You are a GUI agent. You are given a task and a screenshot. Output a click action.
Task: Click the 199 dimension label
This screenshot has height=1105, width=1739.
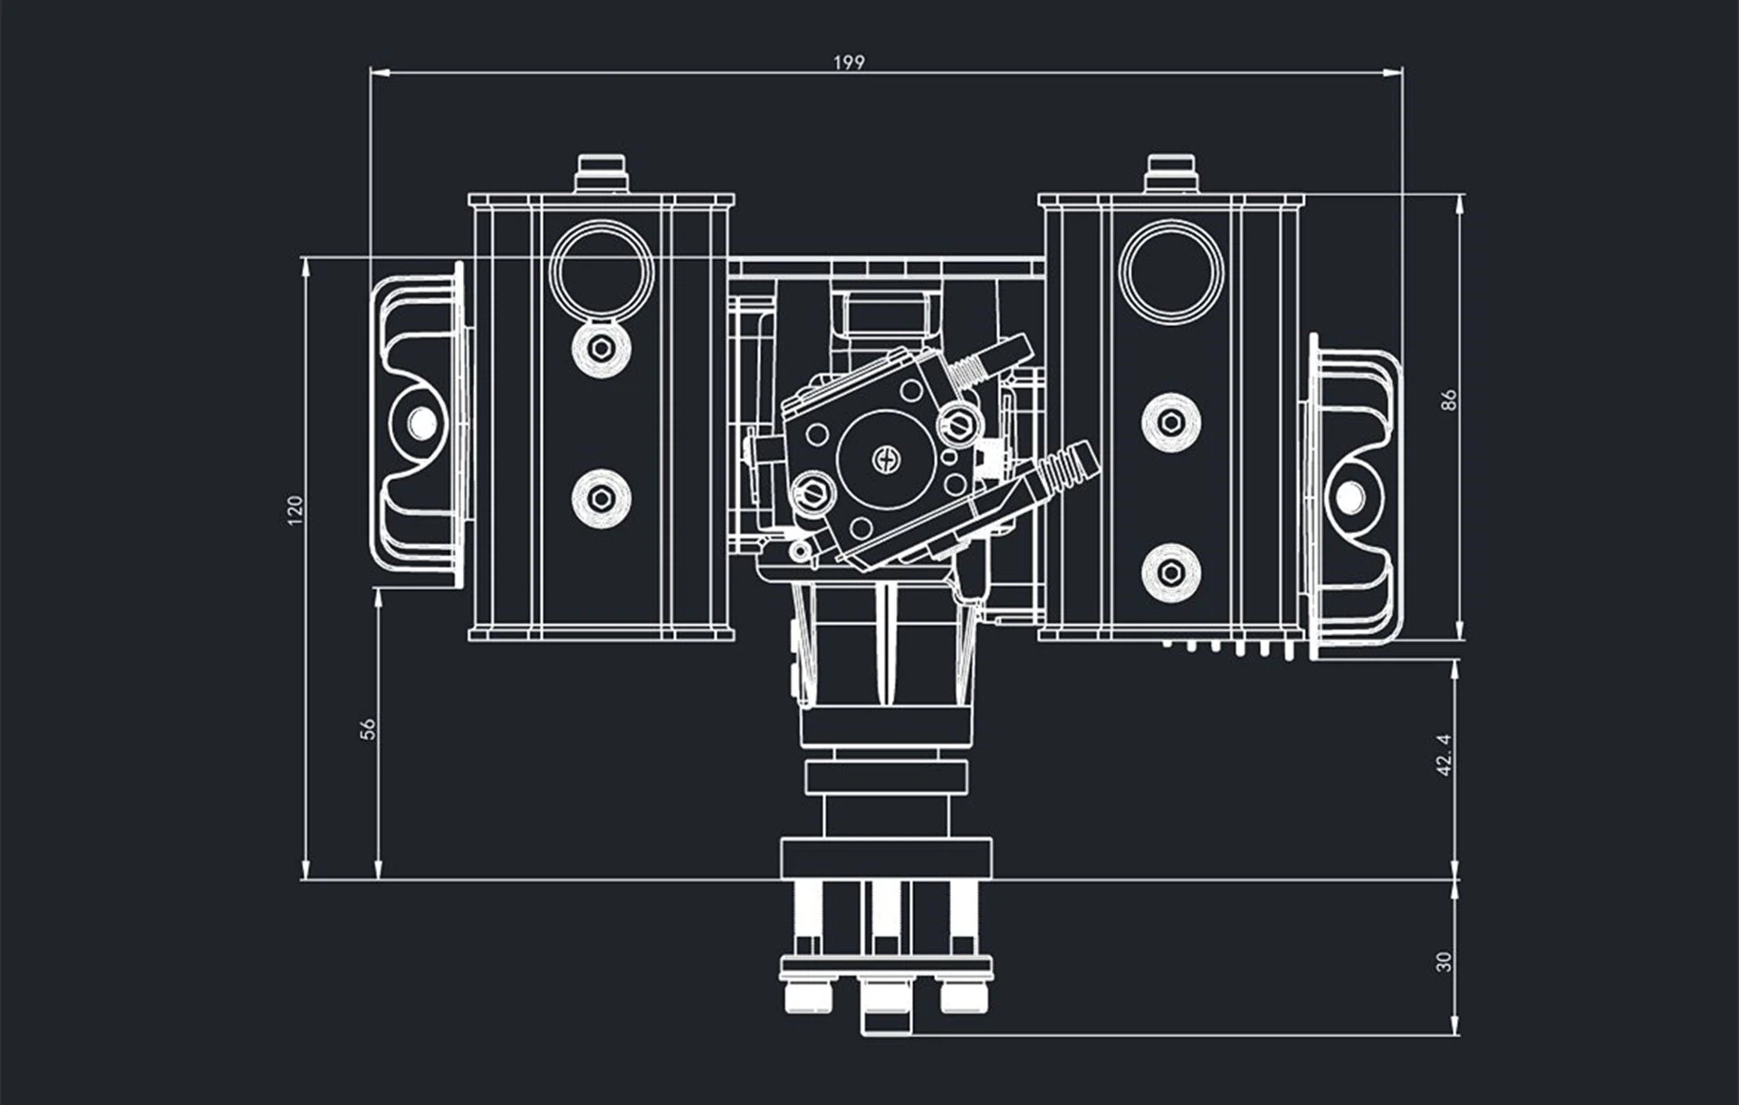tap(849, 62)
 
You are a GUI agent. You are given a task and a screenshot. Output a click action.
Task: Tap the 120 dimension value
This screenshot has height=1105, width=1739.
tap(294, 510)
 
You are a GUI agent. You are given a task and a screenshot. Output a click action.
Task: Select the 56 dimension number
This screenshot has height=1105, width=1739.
tap(368, 728)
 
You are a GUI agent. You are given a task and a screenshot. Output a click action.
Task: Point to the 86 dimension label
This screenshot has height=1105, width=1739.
tap(1448, 399)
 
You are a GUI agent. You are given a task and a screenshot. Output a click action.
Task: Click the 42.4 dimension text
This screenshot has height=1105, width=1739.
tap(1444, 754)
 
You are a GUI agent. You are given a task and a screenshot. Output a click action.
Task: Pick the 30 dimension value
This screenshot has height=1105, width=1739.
tap(1444, 961)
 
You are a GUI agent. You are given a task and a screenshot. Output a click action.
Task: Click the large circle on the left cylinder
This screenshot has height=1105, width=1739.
tap(601, 270)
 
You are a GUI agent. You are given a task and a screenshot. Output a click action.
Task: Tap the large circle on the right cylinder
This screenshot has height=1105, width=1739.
tap(1171, 270)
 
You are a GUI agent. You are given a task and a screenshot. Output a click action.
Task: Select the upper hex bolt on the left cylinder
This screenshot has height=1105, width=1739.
tap(600, 348)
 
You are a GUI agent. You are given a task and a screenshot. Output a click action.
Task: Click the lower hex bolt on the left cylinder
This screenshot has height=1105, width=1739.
tap(600, 497)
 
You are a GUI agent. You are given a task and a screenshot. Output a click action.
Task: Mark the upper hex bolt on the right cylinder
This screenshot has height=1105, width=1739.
tap(1171, 422)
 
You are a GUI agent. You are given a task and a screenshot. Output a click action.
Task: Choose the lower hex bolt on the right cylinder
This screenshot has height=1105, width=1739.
tap(1171, 572)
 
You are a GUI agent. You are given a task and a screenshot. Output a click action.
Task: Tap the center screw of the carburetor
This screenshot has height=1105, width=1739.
tap(886, 459)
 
